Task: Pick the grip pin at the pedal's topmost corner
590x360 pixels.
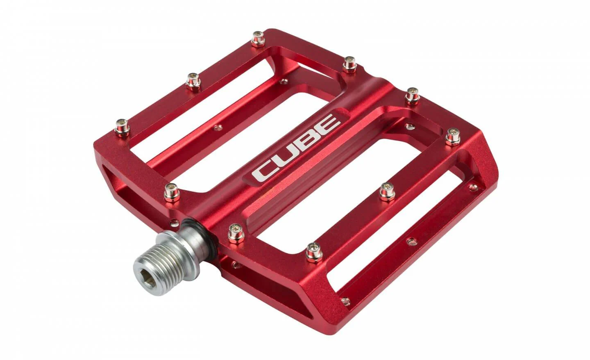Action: [258, 39]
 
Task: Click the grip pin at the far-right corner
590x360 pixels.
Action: [453, 137]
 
